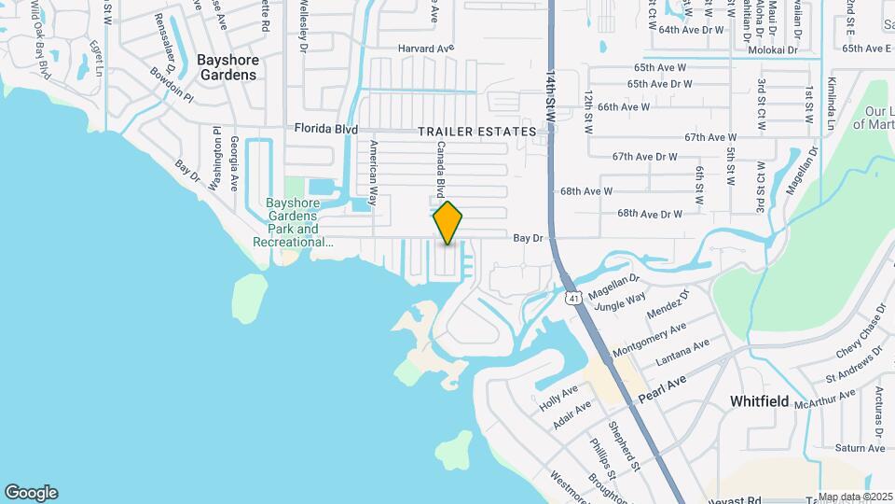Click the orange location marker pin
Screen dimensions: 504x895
(x=447, y=222)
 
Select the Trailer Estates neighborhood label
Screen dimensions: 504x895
(x=477, y=133)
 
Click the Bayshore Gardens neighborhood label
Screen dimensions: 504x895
(x=227, y=67)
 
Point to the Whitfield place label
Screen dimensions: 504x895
(x=759, y=401)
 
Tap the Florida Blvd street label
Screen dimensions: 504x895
(x=326, y=129)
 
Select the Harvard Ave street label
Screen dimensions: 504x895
(x=425, y=48)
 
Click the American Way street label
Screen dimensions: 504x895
(x=373, y=173)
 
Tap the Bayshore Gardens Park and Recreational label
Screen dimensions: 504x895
(x=293, y=222)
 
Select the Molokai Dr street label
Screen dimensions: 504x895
(x=773, y=49)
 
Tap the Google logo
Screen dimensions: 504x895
(x=31, y=493)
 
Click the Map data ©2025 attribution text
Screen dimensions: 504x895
(x=855, y=497)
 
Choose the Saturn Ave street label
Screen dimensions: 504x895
(x=860, y=448)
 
